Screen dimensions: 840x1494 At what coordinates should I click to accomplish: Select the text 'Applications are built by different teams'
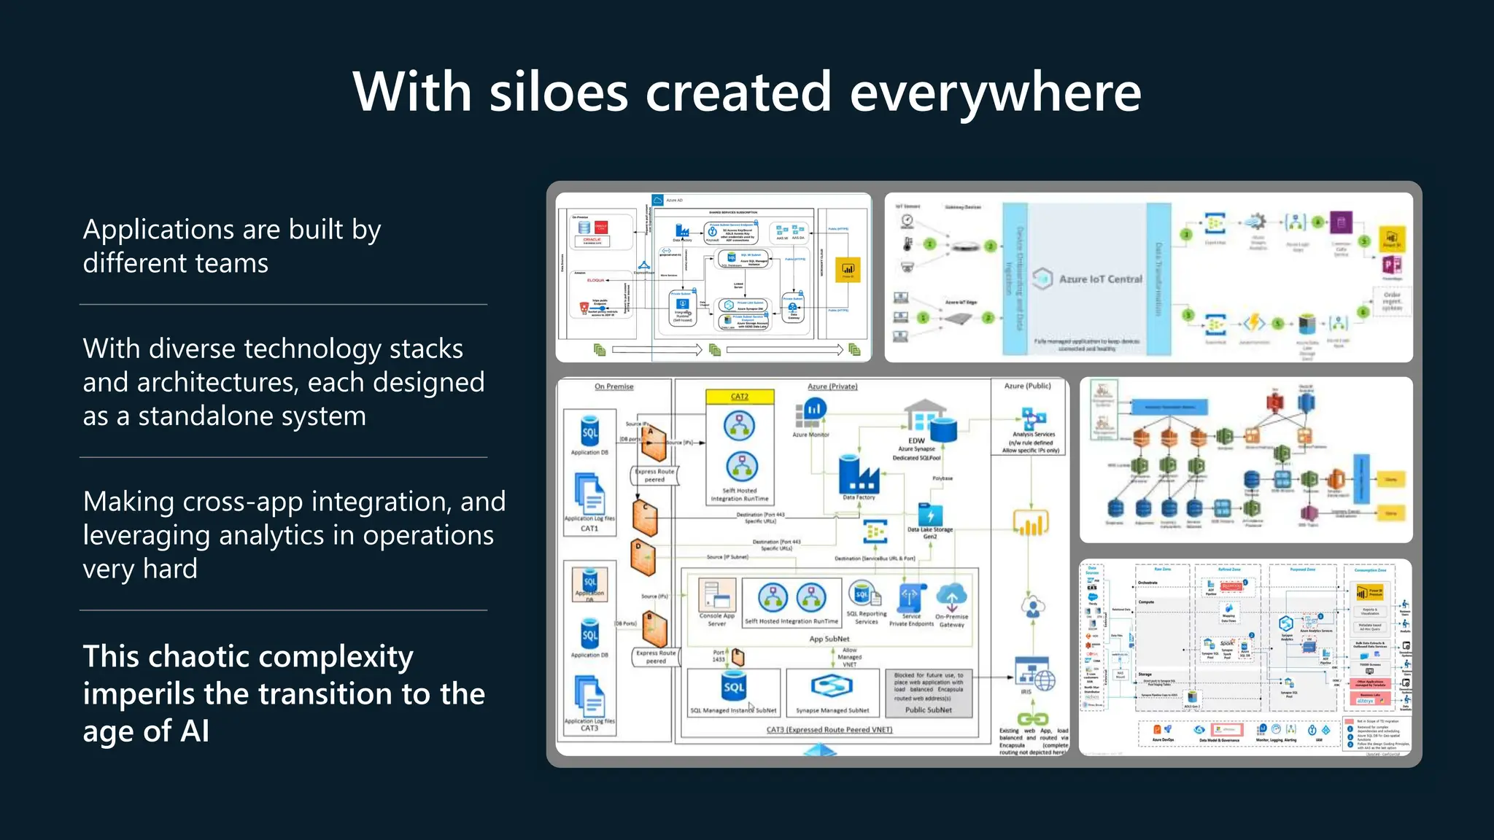pyautogui.click(x=232, y=246)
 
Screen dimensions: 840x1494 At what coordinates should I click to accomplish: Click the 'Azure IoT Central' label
pyautogui.click(x=1100, y=279)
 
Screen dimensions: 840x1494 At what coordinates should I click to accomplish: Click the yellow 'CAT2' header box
pyautogui.click(x=740, y=397)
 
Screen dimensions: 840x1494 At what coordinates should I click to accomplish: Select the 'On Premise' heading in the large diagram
pyautogui.click(x=614, y=386)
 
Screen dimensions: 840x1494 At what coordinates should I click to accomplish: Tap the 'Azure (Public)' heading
pyautogui.click(x=1027, y=386)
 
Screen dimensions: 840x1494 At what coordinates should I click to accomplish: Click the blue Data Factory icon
pyautogui.click(x=859, y=475)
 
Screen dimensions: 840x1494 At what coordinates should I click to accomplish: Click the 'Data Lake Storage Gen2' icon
pyautogui.click(x=930, y=513)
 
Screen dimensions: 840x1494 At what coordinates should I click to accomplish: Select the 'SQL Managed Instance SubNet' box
pyautogui.click(x=733, y=693)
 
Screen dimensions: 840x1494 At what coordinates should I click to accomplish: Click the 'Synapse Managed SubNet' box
pyautogui.click(x=832, y=693)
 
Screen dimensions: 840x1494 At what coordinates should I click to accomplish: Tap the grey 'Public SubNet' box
pyautogui.click(x=928, y=693)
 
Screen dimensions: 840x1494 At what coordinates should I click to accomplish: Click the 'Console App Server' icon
pyautogui.click(x=716, y=594)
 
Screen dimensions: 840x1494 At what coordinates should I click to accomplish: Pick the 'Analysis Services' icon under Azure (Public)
pyautogui.click(x=1033, y=419)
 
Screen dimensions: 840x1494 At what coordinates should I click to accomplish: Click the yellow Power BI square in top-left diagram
pyautogui.click(x=848, y=270)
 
